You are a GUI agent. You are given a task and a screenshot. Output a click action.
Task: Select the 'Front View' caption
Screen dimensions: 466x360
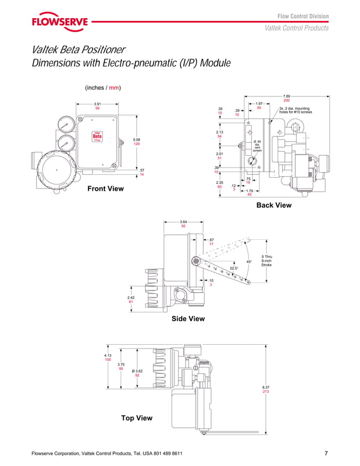coord(106,188)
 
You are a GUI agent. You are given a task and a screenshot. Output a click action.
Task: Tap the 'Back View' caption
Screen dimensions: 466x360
coord(274,205)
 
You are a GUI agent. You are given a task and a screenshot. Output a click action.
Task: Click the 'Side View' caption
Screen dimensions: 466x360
coord(188,319)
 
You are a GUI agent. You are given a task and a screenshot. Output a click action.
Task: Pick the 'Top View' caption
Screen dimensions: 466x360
coord(137,418)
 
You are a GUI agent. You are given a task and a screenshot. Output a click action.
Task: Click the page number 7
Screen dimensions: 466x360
coord(326,454)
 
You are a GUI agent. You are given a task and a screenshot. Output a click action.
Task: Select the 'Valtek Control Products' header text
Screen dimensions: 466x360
coord(296,28)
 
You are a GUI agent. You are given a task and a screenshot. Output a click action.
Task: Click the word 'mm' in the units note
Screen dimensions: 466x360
coord(114,88)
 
